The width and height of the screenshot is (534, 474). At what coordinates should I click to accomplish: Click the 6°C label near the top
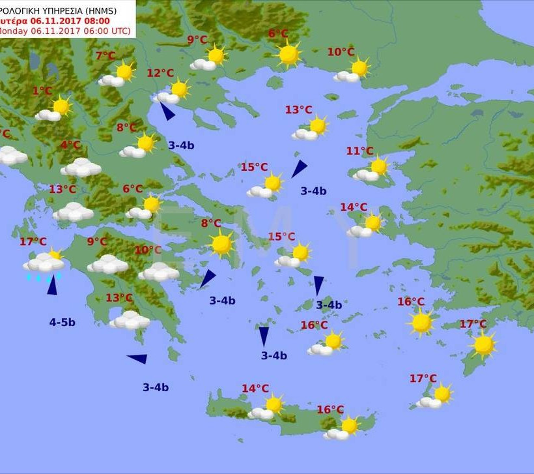click(278, 34)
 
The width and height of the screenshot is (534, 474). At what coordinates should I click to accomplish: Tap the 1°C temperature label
click(42, 91)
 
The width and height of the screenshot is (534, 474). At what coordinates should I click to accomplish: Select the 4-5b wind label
click(62, 322)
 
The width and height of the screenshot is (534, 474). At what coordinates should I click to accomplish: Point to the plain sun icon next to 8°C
click(222, 244)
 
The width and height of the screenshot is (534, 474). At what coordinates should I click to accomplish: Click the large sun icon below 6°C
click(288, 55)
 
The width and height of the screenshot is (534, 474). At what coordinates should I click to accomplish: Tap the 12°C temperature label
click(160, 74)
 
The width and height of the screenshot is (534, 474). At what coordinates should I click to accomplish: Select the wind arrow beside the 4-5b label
click(52, 286)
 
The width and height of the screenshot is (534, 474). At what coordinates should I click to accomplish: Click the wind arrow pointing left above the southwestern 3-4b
click(137, 359)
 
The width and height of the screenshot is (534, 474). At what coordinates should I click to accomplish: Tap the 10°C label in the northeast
click(341, 52)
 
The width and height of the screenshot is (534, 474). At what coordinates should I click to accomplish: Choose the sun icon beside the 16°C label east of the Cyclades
click(421, 322)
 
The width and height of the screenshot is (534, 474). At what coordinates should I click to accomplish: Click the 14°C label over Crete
click(255, 389)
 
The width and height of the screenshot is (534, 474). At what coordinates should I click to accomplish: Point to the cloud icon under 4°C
click(81, 168)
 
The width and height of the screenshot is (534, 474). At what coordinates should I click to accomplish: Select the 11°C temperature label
click(359, 151)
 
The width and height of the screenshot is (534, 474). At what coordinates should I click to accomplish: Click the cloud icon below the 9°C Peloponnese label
click(107, 264)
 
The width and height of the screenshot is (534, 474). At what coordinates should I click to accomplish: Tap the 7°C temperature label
click(105, 56)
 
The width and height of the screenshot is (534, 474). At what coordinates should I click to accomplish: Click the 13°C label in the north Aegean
click(298, 110)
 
